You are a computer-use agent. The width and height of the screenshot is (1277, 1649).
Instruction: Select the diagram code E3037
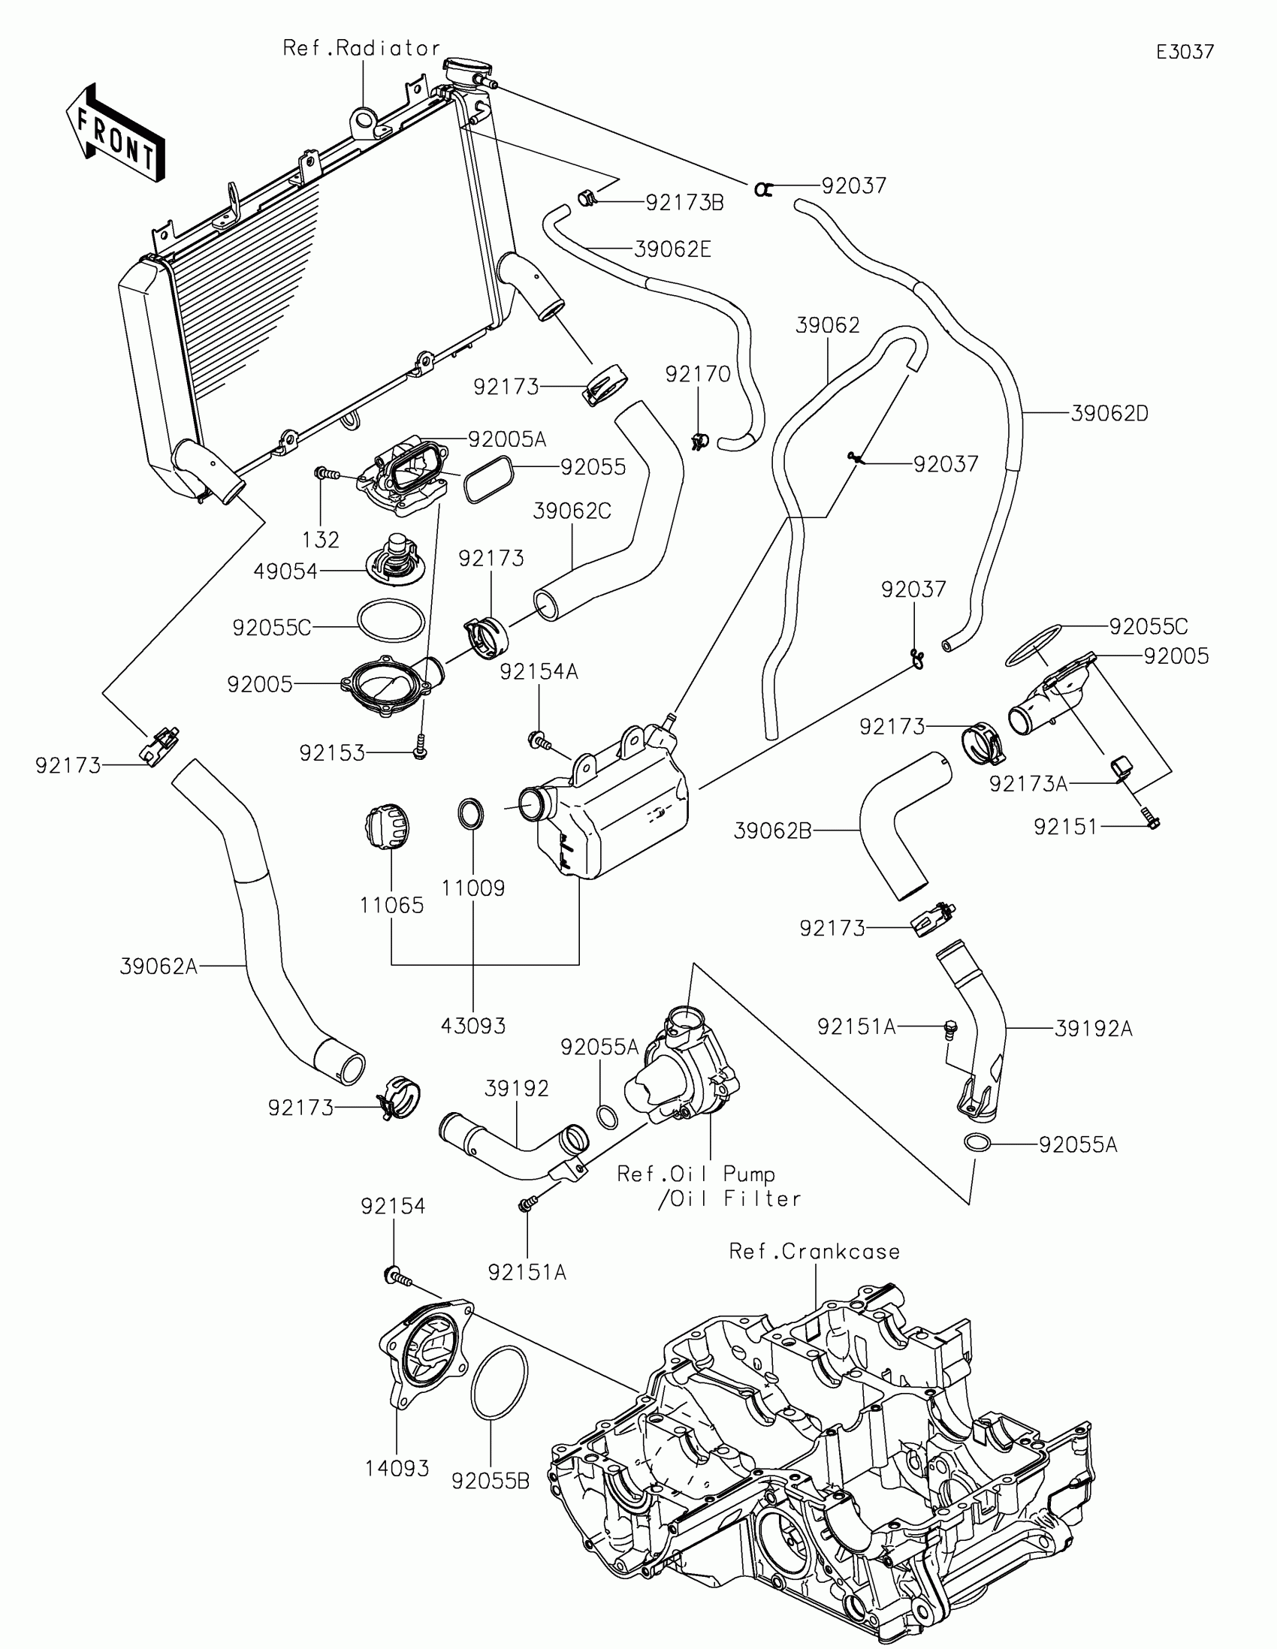click(1185, 52)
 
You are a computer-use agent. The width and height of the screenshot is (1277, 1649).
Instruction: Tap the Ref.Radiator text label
click(361, 48)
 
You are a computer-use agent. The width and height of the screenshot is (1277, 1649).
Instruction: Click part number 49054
click(285, 571)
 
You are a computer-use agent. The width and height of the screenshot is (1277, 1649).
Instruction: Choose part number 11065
click(392, 905)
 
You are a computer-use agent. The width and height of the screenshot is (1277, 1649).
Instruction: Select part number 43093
click(472, 1025)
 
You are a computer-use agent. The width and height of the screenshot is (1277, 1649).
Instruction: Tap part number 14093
click(397, 1469)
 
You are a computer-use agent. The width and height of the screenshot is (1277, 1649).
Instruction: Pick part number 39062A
click(158, 966)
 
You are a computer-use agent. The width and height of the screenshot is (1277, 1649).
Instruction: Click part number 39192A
click(1094, 1028)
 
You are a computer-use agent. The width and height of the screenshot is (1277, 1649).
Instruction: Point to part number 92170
click(698, 374)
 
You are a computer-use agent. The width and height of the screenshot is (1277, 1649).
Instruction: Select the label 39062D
click(1109, 414)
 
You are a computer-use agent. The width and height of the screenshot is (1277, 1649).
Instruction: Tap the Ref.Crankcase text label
click(814, 1252)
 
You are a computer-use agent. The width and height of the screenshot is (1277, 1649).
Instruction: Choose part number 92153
click(332, 752)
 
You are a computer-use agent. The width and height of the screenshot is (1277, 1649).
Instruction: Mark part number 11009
click(472, 888)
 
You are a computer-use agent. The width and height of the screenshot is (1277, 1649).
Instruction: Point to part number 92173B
click(684, 202)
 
